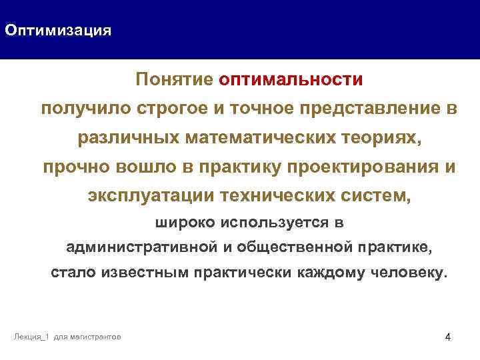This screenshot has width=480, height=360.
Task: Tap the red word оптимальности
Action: [290, 79]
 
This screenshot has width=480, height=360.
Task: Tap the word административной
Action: [141, 248]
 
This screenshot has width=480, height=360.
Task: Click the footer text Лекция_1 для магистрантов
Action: [67, 337]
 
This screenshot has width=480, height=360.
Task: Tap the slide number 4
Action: [447, 337]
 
